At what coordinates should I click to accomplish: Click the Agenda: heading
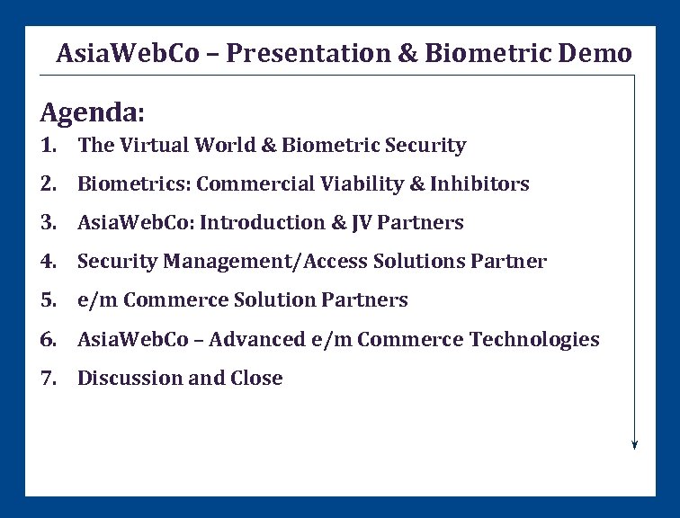(x=92, y=113)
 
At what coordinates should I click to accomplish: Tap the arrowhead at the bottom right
(x=634, y=442)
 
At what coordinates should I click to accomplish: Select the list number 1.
(x=48, y=145)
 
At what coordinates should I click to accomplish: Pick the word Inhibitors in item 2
(x=479, y=184)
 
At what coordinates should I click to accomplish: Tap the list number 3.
(x=48, y=223)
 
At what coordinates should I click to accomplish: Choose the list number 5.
(x=48, y=300)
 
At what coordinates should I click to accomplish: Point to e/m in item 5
(x=97, y=300)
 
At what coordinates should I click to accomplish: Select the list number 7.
(x=48, y=378)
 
